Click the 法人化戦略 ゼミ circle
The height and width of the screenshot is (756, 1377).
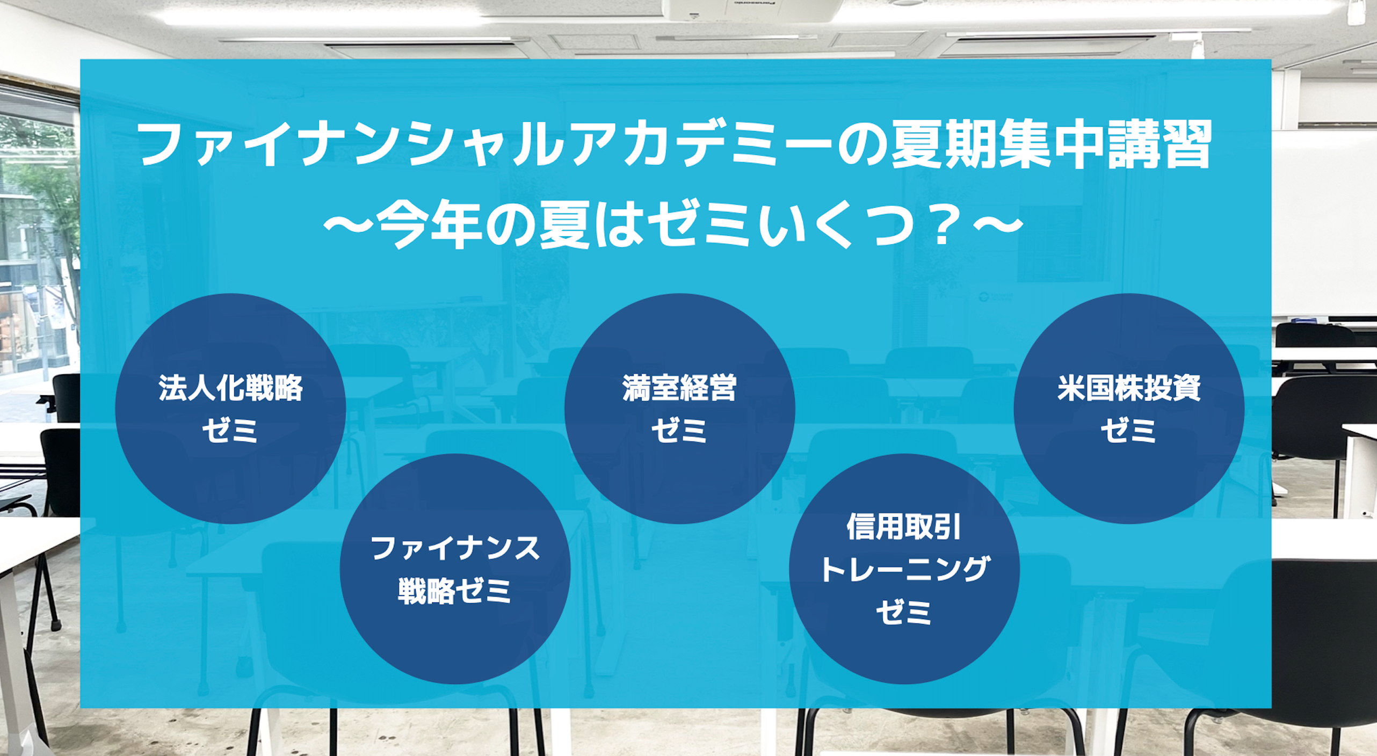coord(230,409)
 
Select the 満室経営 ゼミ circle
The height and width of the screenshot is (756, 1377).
coord(679,409)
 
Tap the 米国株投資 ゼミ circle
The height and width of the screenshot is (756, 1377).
coord(1129,409)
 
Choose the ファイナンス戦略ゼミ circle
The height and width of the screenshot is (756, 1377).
coord(455,569)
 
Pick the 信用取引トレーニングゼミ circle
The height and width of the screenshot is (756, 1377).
coord(904,569)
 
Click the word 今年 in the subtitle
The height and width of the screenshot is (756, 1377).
coord(428,227)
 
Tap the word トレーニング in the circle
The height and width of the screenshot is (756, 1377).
coord(904,569)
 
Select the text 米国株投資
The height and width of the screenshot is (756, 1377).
coord(1129,388)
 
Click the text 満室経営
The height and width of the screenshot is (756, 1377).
coord(679,388)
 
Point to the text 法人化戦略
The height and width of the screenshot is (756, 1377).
coord(230,388)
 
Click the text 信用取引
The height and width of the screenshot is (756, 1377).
coord(904,527)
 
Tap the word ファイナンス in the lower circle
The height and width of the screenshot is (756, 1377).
coord(455,549)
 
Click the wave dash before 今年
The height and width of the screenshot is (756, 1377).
coord(349,226)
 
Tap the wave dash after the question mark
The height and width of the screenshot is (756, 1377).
coord(998,226)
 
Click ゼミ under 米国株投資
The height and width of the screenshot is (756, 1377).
coord(1129,431)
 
